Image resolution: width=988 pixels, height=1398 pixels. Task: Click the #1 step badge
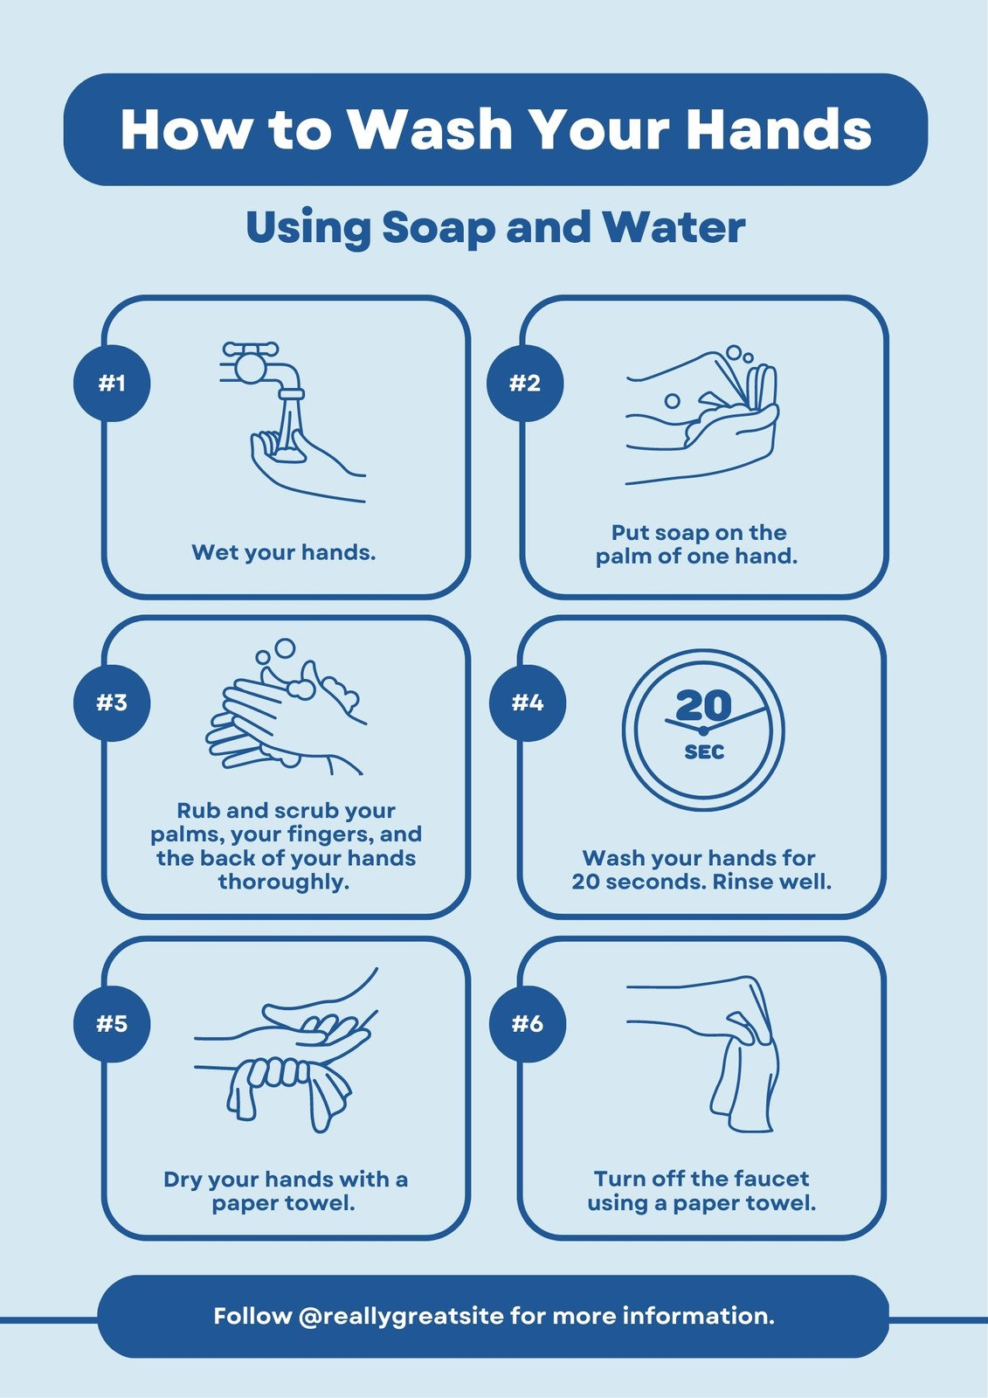pyautogui.click(x=112, y=383)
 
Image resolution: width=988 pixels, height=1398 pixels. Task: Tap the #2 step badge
pyautogui.click(x=525, y=383)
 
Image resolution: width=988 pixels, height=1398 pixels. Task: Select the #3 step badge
pyautogui.click(x=112, y=702)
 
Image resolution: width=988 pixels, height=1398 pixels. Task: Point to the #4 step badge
pyautogui.click(x=527, y=702)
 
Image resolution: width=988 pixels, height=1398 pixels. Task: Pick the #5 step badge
pyautogui.click(x=112, y=1023)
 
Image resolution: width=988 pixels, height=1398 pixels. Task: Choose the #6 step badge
pyautogui.click(x=527, y=1023)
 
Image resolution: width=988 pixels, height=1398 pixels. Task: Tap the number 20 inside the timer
pyautogui.click(x=703, y=706)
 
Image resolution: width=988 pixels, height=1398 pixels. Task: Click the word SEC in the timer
pyautogui.click(x=704, y=752)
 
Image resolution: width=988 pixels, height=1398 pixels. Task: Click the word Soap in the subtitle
pyautogui.click(x=440, y=227)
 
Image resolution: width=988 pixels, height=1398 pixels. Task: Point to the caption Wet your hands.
pyautogui.click(x=284, y=552)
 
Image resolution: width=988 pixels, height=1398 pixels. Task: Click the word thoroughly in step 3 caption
pyautogui.click(x=284, y=882)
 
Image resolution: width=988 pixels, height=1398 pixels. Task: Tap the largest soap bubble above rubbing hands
pyautogui.click(x=285, y=648)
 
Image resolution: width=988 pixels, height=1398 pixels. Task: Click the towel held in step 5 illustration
pyautogui.click(x=288, y=1088)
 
